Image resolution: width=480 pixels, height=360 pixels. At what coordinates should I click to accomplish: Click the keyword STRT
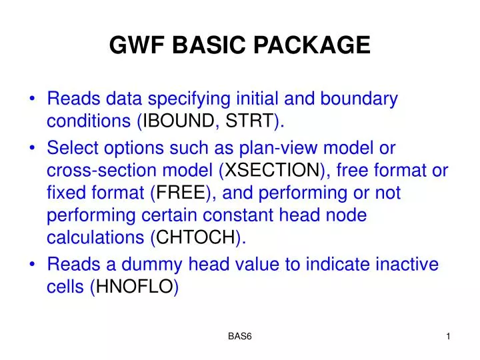249,121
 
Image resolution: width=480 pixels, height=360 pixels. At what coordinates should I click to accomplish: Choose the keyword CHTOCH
196,238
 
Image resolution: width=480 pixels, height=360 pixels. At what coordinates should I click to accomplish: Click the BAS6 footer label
239,337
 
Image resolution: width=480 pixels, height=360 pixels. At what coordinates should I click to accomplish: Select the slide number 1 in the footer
449,337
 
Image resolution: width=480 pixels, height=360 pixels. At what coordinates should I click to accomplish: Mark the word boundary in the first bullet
359,99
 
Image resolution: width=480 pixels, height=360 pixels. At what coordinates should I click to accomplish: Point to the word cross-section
93,171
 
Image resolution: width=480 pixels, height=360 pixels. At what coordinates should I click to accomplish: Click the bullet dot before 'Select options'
33,149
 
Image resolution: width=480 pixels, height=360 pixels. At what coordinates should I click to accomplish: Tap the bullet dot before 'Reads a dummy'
33,265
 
